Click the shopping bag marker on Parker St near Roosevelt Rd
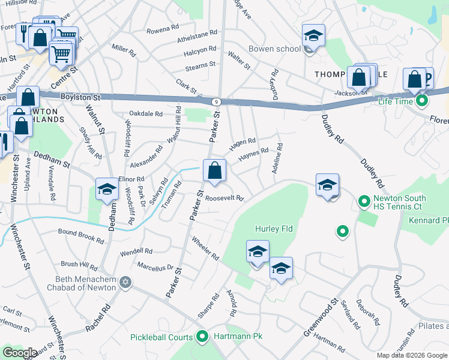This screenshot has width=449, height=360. [214, 171]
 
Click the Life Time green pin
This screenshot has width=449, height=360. [422, 101]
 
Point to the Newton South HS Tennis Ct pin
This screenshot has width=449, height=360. [364, 202]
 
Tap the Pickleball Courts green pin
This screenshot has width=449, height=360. [202, 337]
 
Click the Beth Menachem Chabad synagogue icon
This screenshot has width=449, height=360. [125, 282]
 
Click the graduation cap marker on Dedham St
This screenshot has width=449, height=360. [107, 190]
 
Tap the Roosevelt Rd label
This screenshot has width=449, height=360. [224, 198]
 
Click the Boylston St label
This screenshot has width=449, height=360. [79, 97]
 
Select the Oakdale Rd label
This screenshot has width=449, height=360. [146, 113]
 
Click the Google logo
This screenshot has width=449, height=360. [20, 353]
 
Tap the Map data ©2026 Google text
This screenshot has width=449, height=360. [412, 355]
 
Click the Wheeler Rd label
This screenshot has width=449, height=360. [205, 248]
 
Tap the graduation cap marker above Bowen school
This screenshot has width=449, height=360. [313, 35]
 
